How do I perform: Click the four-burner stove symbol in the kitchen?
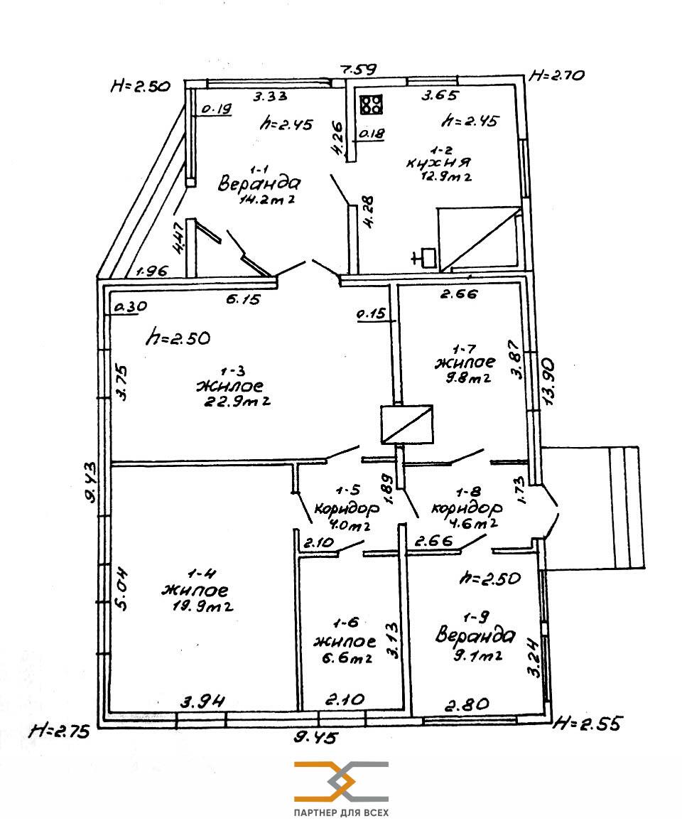[372, 104]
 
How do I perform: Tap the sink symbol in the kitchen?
[425, 257]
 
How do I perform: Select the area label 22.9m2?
[237, 401]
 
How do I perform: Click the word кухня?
[439, 163]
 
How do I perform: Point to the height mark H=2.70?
[557, 75]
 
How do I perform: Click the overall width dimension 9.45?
[317, 737]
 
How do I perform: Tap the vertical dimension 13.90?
[548, 382]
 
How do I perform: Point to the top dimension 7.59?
[359, 69]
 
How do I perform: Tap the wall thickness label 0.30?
[130, 306]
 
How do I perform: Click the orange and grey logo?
[341, 781]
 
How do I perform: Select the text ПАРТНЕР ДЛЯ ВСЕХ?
[341, 812]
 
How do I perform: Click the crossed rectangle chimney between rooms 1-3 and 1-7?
[407, 424]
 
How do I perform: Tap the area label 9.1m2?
[477, 656]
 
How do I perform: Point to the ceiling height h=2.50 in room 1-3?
[178, 338]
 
